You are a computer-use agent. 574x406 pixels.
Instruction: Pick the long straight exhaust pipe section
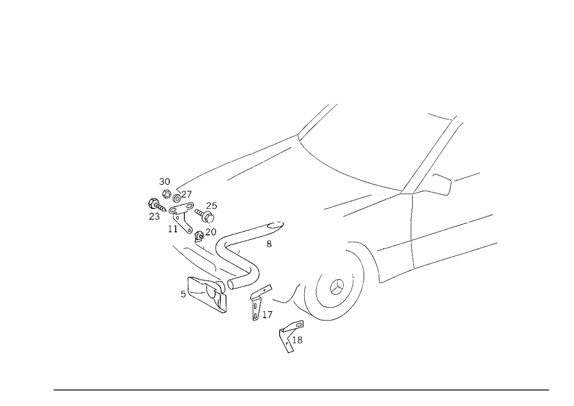[x=253, y=230]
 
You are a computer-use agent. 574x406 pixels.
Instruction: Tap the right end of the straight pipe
[x=280, y=224]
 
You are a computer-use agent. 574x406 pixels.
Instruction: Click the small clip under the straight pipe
[x=269, y=245]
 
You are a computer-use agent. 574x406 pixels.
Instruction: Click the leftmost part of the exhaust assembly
[x=153, y=210]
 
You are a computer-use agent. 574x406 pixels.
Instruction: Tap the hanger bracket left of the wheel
[x=258, y=299]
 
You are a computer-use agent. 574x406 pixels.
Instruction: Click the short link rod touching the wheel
[x=298, y=299]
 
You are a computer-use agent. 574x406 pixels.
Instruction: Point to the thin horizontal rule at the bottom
[x=301, y=389]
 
